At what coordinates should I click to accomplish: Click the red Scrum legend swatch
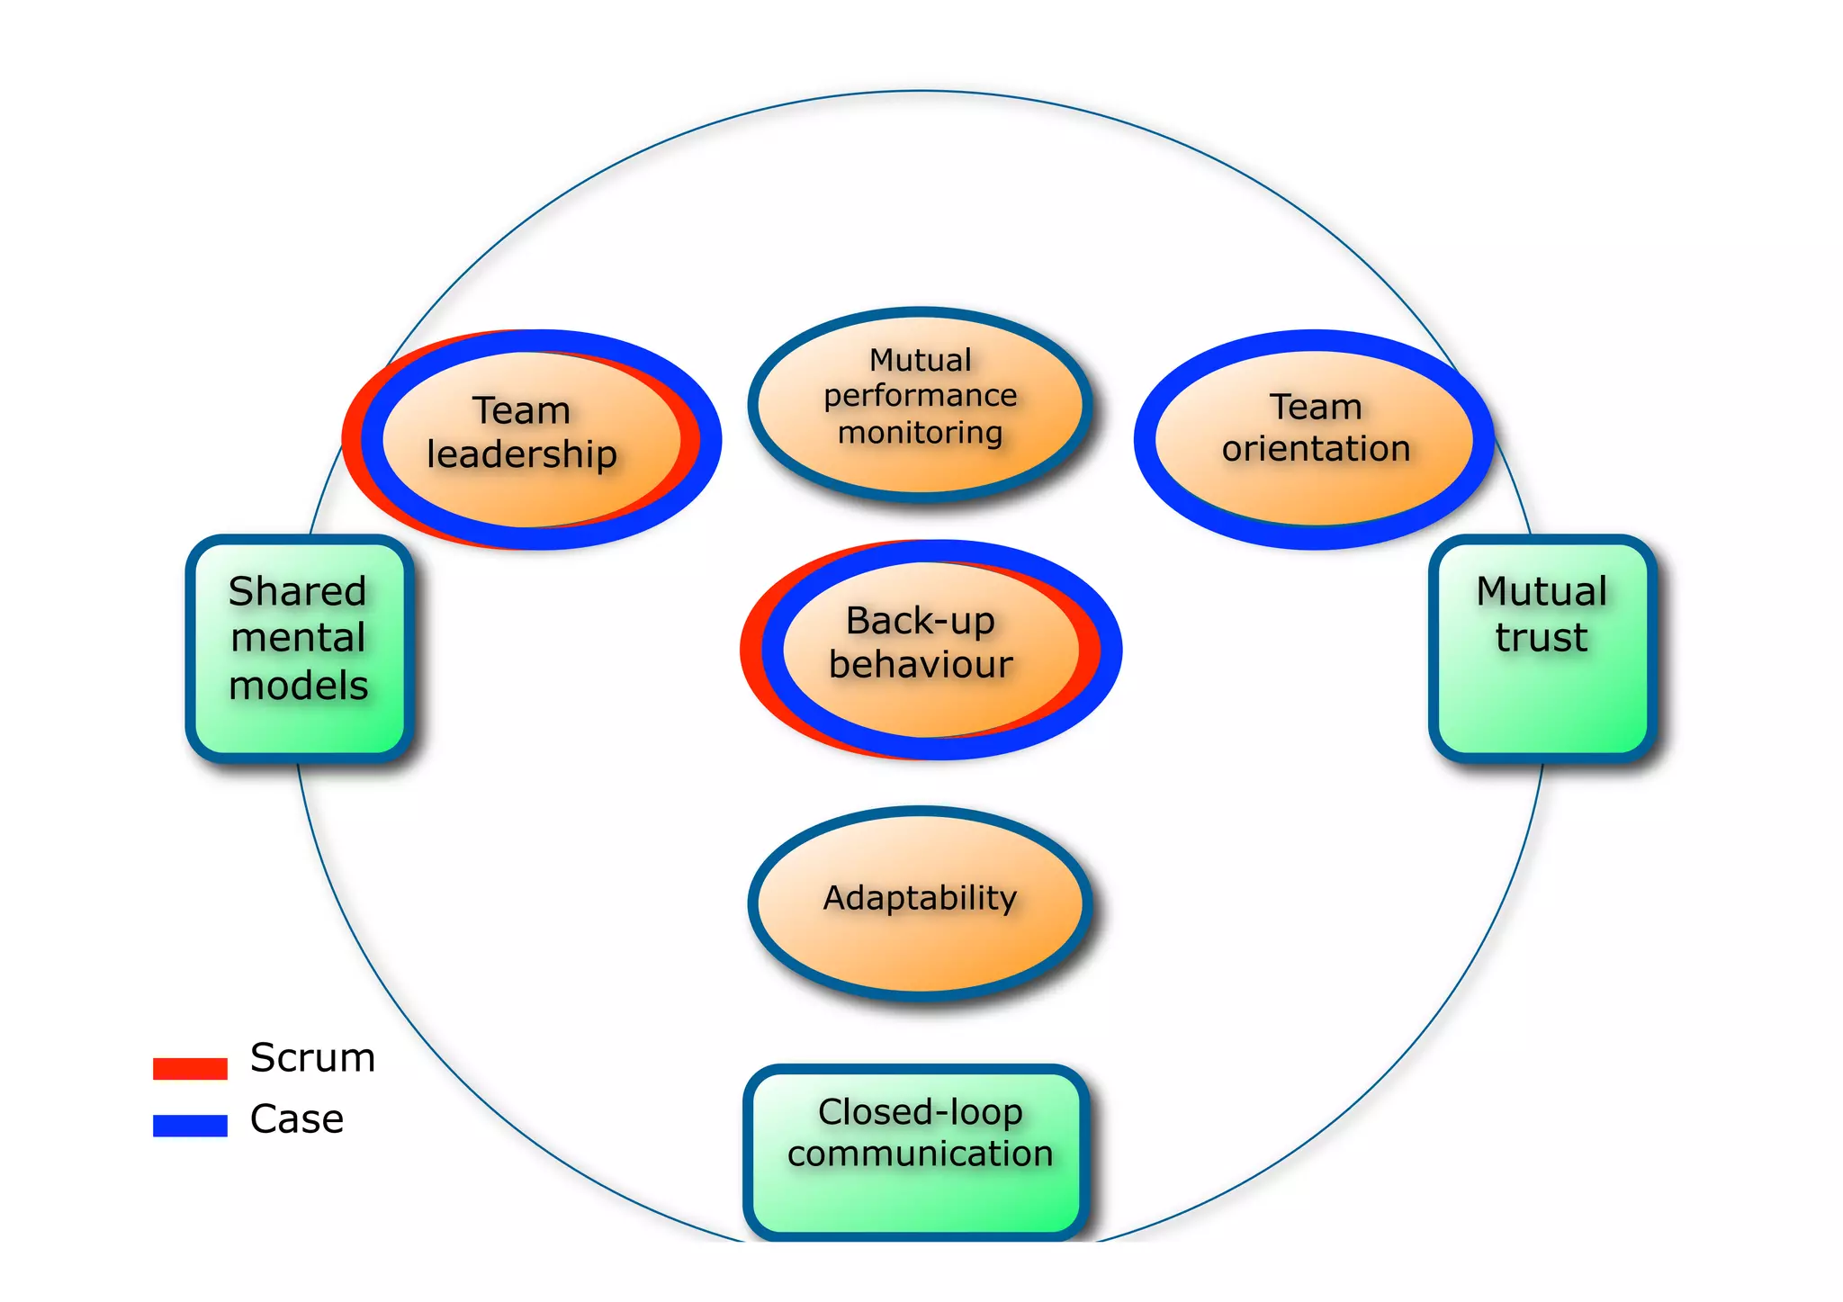point(190,1068)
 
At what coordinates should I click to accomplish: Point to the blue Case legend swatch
point(190,1125)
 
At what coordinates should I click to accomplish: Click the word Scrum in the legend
point(312,1057)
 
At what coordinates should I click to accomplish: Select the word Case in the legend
point(297,1119)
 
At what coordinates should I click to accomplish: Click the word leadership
point(522,454)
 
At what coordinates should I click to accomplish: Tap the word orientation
point(1316,448)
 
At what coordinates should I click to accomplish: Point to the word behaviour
point(921,664)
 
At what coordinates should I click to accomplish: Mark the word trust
point(1542,637)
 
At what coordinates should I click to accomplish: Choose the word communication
point(920,1154)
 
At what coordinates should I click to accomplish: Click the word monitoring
point(920,433)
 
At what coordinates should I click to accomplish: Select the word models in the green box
point(299,686)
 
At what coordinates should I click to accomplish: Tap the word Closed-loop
point(920,1113)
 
